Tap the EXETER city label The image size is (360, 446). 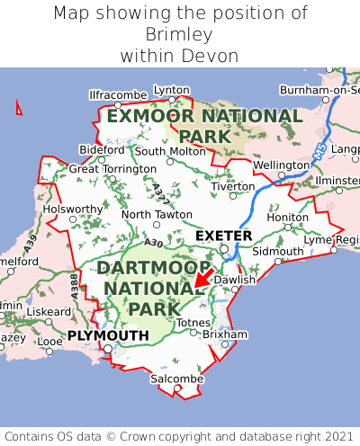click(224, 236)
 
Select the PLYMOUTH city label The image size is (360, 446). click(108, 335)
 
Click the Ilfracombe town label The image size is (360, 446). click(118, 94)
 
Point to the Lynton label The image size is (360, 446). click(172, 90)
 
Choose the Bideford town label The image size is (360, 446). click(102, 149)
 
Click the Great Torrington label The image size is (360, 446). click(112, 169)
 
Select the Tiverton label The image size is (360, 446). click(234, 186)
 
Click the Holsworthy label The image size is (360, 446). click(74, 209)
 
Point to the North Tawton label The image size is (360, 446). click(157, 215)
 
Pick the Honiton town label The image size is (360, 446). click(288, 217)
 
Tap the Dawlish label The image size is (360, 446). click(236, 280)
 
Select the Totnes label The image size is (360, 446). click(193, 322)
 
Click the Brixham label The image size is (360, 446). click(225, 334)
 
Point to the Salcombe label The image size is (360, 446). click(177, 379)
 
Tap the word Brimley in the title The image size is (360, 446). click(180, 34)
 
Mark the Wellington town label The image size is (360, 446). click(281, 165)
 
